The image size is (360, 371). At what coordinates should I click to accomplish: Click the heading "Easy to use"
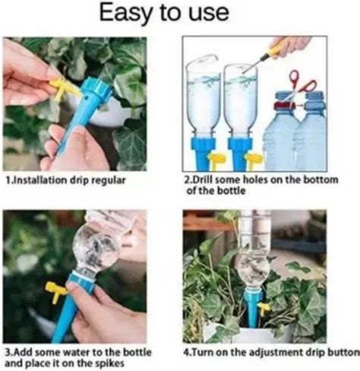click(164, 13)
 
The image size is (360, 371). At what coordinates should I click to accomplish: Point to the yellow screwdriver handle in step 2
click(276, 49)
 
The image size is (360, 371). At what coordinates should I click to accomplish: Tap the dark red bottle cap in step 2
click(282, 106)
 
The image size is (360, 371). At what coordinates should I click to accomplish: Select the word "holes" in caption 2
click(255, 179)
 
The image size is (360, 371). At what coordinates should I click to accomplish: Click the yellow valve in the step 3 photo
click(55, 290)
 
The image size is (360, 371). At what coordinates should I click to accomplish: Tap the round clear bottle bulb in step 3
click(94, 250)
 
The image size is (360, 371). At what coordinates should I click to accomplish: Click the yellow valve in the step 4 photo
click(264, 308)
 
